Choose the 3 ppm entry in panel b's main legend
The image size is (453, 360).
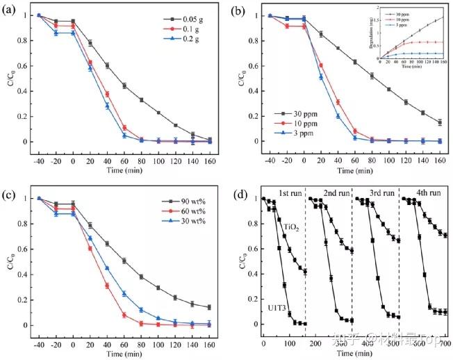[285, 138]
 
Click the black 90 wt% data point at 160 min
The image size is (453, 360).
[211, 307]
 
